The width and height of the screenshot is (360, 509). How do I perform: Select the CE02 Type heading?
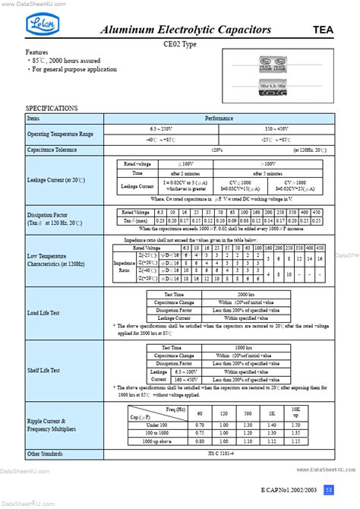(180, 46)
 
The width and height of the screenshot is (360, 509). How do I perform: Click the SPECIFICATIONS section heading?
(52, 109)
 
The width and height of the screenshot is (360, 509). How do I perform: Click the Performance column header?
(219, 119)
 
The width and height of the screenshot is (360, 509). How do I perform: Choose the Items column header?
(34, 119)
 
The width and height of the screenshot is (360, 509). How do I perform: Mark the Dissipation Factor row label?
(48, 215)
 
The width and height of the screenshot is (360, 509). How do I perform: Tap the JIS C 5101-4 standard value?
(219, 454)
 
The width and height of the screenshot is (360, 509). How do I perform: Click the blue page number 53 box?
(328, 488)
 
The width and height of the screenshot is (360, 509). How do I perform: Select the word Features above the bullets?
(37, 53)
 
